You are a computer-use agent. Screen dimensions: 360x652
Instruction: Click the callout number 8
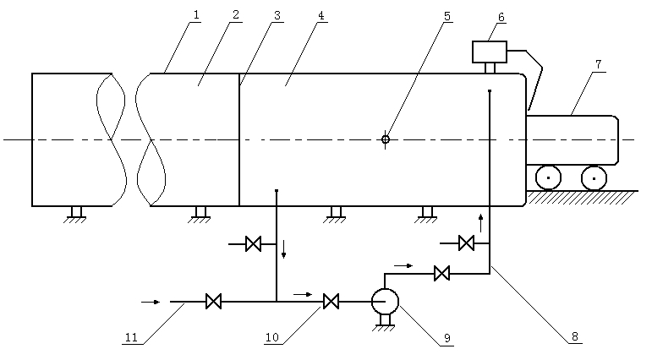pyautogui.click(x=574, y=336)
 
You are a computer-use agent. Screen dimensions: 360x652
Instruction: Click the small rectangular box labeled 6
pyautogui.click(x=489, y=52)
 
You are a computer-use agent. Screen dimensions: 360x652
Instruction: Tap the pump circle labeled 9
pyautogui.click(x=386, y=301)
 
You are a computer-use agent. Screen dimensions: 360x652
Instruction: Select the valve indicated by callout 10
pyautogui.click(x=331, y=301)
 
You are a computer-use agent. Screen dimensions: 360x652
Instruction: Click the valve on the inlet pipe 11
pyautogui.click(x=214, y=301)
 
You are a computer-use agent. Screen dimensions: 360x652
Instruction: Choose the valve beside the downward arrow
pyautogui.click(x=252, y=245)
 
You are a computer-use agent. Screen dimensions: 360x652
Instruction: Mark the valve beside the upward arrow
pyautogui.click(x=465, y=244)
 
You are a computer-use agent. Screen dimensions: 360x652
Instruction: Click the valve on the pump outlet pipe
pyautogui.click(x=441, y=273)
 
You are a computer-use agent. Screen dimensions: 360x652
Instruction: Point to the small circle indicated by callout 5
pyautogui.click(x=386, y=139)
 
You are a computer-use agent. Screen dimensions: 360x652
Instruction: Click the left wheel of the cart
pyautogui.click(x=550, y=178)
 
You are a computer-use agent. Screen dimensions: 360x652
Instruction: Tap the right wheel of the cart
pyautogui.click(x=594, y=178)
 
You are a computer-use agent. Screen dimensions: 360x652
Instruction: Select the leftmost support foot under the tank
pyautogui.click(x=76, y=212)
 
